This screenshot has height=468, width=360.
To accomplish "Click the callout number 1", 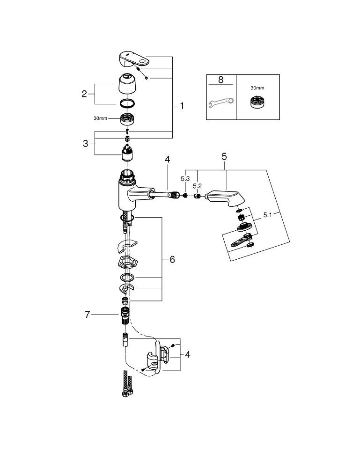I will coord(182,106).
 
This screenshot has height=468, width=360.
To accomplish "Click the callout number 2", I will coord(84,94).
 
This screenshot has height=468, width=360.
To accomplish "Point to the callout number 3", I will coord(85,144).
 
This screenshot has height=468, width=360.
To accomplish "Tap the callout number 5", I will coord(224,156).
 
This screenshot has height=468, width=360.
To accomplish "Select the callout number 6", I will coord(172,259).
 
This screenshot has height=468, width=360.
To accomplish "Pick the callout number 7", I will coord(87,314).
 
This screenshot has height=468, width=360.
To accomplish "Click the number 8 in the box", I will coord(220,80).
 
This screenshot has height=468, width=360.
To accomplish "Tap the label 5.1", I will coord(268,215).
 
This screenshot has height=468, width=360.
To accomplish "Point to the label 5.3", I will coord(185,179).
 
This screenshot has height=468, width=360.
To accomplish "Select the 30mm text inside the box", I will coord(257,87).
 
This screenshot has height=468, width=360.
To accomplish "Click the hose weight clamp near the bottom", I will coord(154,360).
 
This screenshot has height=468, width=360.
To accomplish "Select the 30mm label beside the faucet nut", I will coord(100,118).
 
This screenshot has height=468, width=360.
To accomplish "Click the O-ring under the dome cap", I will coord(127,103).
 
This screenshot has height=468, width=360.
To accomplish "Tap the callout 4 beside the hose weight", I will coord(187,354).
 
